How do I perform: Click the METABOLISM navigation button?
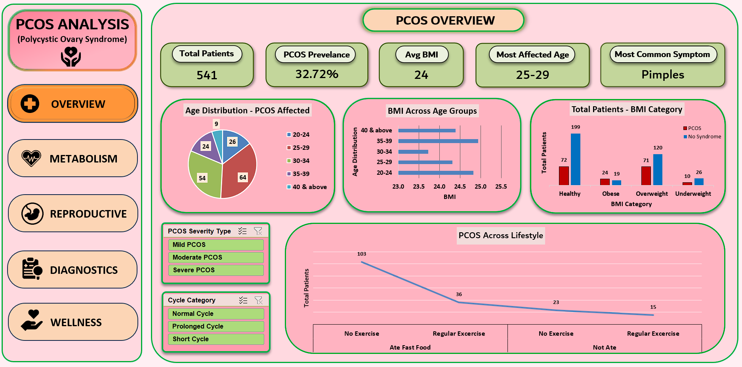pyautogui.click(x=72, y=159)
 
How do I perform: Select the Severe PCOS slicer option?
pyautogui.click(x=216, y=270)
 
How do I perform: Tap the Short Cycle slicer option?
pyautogui.click(x=216, y=339)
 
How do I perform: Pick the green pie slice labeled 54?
pyautogui.click(x=203, y=174)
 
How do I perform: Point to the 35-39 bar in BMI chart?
pyautogui.click(x=438, y=141)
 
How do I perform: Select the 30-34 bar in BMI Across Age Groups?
pyautogui.click(x=413, y=152)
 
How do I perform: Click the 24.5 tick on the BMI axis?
pyautogui.click(x=460, y=186)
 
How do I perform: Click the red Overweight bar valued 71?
pyautogui.click(x=646, y=176)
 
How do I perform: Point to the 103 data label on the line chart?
pyautogui.click(x=362, y=254)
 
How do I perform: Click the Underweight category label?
pyautogui.click(x=693, y=194)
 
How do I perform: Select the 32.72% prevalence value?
pyautogui.click(x=317, y=74)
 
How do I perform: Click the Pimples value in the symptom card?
pyautogui.click(x=663, y=75)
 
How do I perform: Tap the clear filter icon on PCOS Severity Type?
pyautogui.click(x=258, y=231)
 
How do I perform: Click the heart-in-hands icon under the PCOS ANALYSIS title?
pyautogui.click(x=71, y=56)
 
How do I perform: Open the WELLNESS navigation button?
pyautogui.click(x=73, y=322)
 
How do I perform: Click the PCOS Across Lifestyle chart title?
pyautogui.click(x=501, y=235)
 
